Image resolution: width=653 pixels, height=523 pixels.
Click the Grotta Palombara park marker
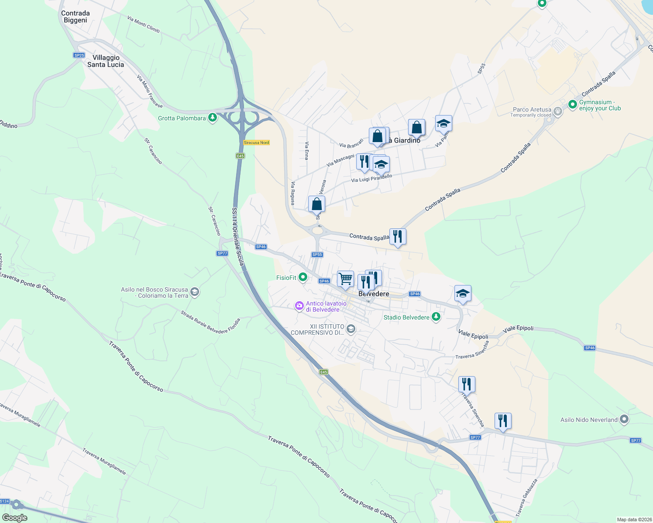pos(213,118)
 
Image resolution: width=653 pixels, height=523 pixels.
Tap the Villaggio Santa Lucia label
pos(106,61)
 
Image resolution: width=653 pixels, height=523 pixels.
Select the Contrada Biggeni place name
pos(76,17)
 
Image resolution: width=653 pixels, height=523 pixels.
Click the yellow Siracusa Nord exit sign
pos(256,143)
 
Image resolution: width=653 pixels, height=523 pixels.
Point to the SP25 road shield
pos(79,55)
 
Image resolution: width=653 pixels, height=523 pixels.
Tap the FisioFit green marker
pos(303,277)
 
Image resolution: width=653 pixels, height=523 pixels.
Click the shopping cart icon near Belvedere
pos(345,278)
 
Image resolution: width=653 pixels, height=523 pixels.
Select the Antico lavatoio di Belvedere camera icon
pos(299,306)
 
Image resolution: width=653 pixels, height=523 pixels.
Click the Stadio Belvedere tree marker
pos(436,317)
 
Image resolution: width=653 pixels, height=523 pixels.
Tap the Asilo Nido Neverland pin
pos(624,419)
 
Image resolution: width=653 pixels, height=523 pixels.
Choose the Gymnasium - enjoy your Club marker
pos(573,105)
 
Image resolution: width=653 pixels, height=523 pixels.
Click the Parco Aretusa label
pos(532,110)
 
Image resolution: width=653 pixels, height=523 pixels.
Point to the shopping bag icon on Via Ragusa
pos(316,204)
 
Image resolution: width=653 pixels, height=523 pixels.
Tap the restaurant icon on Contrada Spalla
pos(398,236)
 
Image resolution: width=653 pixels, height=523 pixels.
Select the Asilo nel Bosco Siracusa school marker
pos(195,292)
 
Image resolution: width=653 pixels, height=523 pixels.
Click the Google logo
pos(15,518)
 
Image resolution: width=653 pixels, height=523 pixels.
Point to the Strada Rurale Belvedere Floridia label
pos(210,322)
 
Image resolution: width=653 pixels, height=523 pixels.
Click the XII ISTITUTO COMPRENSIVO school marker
pos(351,329)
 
